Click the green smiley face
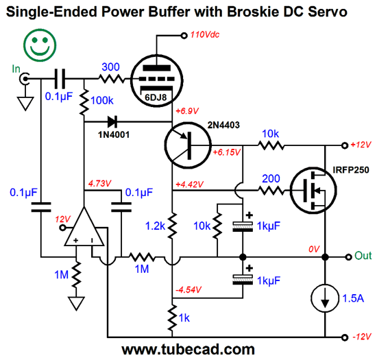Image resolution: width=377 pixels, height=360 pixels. pyautogui.click(x=40, y=45)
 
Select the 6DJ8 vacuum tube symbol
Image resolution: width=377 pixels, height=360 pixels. pyautogui.click(x=157, y=81)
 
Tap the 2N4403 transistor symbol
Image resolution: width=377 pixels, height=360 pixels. pyautogui.click(x=188, y=145)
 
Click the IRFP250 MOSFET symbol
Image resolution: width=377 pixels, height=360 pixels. pyautogui.click(x=313, y=190)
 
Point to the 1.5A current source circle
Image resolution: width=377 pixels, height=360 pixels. pyautogui.click(x=325, y=298)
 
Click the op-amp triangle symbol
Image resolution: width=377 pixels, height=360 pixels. pyautogui.click(x=84, y=226)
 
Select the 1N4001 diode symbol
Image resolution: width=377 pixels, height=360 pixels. pyautogui.click(x=112, y=121)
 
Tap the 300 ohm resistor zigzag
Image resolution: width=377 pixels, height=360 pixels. pyautogui.click(x=112, y=79)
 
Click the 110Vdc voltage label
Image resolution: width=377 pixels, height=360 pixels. pyautogui.click(x=205, y=35)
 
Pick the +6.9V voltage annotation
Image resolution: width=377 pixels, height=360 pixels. pyautogui.click(x=187, y=111)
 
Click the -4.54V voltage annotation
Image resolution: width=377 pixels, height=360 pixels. pyautogui.click(x=188, y=290)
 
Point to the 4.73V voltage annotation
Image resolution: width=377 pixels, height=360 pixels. pyautogui.click(x=99, y=184)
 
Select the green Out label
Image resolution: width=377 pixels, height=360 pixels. pyautogui.click(x=363, y=256)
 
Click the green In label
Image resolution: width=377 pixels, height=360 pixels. pyautogui.click(x=16, y=69)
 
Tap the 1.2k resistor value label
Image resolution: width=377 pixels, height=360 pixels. pyautogui.click(x=155, y=226)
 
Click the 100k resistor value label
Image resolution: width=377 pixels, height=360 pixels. pyautogui.click(x=102, y=101)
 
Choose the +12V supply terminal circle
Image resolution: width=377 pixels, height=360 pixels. pyautogui.click(x=345, y=145)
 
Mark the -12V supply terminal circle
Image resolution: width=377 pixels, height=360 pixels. pyautogui.click(x=345, y=337)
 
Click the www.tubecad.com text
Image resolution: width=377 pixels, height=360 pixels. pyautogui.click(x=188, y=350)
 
